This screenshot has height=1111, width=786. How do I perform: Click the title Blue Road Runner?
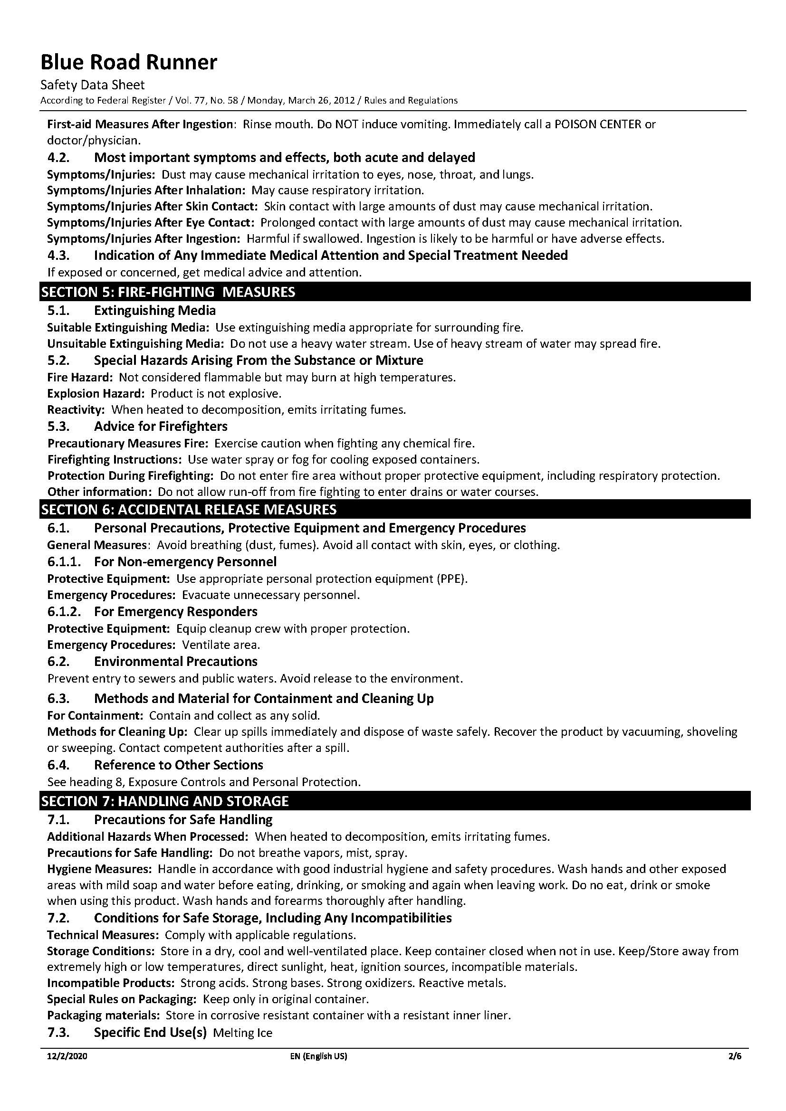[x=129, y=62]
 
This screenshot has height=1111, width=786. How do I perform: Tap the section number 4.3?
[x=59, y=255]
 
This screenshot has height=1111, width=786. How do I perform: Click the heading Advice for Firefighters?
[x=161, y=426]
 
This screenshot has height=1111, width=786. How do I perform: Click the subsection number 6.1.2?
[x=64, y=612]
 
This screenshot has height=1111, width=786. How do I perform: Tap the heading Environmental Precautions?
[x=176, y=662]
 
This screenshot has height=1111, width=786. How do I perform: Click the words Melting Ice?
[x=242, y=1033]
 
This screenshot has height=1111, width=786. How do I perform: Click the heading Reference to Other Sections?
[x=179, y=765]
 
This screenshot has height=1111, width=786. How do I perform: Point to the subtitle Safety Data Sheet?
[x=93, y=85]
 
